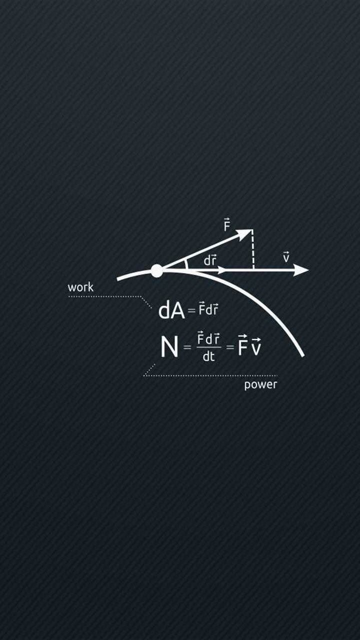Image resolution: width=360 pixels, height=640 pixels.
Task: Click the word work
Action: pyautogui.click(x=80, y=287)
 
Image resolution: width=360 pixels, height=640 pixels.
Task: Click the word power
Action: pyautogui.click(x=260, y=384)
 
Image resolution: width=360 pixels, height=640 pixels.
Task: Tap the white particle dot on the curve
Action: pyautogui.click(x=156, y=271)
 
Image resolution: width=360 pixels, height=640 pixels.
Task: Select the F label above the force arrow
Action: pyautogui.click(x=227, y=224)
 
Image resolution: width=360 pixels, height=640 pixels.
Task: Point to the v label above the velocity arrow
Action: pyautogui.click(x=286, y=257)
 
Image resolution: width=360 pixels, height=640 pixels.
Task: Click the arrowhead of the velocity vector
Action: pyautogui.click(x=301, y=270)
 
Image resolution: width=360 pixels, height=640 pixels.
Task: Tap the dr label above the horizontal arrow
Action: pyautogui.click(x=210, y=260)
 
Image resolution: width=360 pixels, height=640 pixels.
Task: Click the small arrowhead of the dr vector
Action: pyautogui.click(x=221, y=270)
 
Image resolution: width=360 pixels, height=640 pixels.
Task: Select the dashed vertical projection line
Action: pyautogui.click(x=253, y=249)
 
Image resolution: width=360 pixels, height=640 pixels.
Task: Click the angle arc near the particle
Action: pyautogui.click(x=186, y=264)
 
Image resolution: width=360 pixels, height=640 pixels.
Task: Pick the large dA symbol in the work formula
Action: pyautogui.click(x=171, y=310)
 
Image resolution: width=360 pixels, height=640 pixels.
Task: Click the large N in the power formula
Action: pyautogui.click(x=169, y=347)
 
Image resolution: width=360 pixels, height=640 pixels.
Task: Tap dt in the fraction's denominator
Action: pyautogui.click(x=208, y=356)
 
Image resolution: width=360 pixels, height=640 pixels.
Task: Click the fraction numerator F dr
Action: pyautogui.click(x=208, y=339)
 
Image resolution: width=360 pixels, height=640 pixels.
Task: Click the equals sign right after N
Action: pyautogui.click(x=187, y=347)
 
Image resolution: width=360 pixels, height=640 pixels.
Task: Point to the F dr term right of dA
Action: pyautogui.click(x=208, y=309)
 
